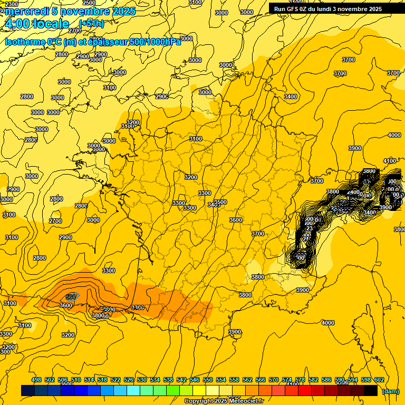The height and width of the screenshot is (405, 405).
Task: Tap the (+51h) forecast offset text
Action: tap(91, 23)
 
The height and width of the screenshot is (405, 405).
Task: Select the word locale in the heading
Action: tap(51, 24)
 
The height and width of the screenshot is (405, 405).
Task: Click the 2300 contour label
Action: tap(11, 4)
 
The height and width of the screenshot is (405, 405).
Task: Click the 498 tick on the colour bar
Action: tap(36, 380)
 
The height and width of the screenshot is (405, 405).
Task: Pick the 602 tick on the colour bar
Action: tap(379, 380)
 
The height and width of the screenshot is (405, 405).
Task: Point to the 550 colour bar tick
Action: tap(208, 380)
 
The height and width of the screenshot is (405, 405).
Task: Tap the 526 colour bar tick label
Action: tap(129, 380)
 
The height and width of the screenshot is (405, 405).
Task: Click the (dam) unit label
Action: tap(390, 391)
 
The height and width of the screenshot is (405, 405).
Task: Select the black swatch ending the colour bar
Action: tap(371, 390)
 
